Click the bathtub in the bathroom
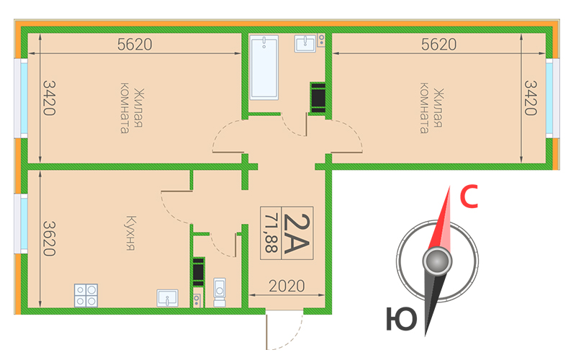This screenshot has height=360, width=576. click(x=264, y=67)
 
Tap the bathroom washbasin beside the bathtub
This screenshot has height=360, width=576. click(x=305, y=43)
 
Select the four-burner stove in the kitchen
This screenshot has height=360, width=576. click(x=86, y=295)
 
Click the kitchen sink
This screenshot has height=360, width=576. click(x=168, y=298)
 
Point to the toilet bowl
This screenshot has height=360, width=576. click(x=220, y=292)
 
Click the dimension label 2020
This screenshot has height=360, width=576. click(x=287, y=286)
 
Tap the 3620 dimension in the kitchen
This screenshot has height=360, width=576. click(x=49, y=238)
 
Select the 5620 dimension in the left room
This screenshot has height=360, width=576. click(x=135, y=45)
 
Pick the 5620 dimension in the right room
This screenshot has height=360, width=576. click(x=438, y=45)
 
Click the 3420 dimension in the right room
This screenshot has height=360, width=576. click(x=531, y=98)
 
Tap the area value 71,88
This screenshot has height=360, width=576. click(x=271, y=233)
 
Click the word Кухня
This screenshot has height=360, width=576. click(x=130, y=233)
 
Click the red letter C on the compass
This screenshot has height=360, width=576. click(x=469, y=197)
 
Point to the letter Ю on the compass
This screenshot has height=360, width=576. click(x=402, y=318)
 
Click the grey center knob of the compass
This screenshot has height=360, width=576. click(x=437, y=261)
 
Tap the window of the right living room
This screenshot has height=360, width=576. click(x=552, y=99)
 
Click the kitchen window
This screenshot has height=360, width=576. click(x=21, y=224)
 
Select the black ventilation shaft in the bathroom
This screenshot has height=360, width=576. click(x=318, y=98)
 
